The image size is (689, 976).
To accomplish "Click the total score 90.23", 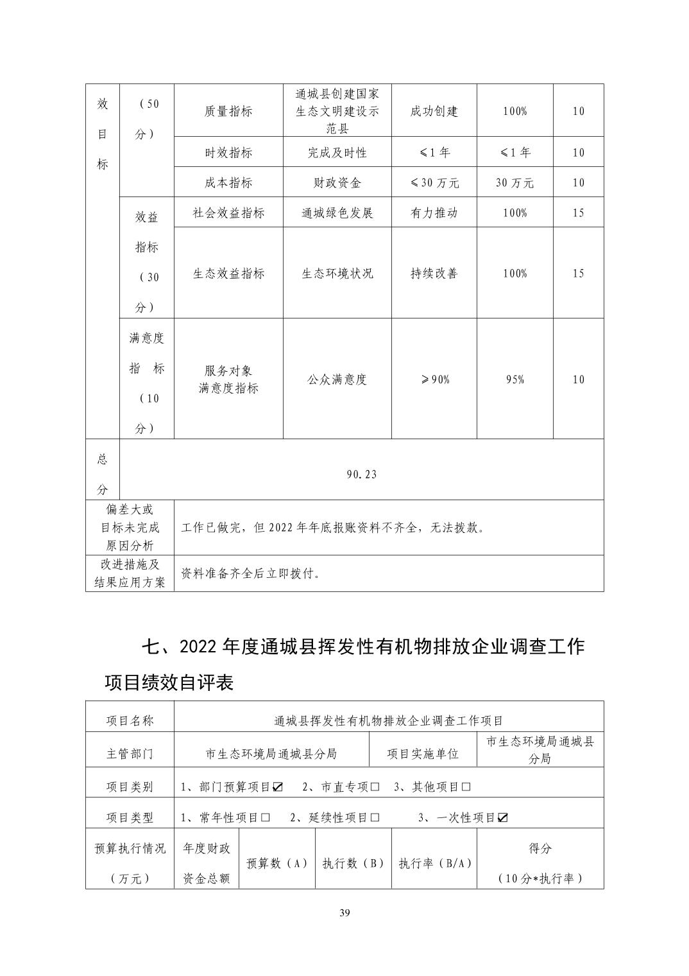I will [361, 475].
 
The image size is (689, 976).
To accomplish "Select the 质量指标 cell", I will [228, 111].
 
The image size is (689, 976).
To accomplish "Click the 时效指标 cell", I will [228, 152].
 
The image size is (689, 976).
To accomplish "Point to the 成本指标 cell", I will [228, 182].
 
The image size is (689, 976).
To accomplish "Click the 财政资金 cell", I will [337, 182].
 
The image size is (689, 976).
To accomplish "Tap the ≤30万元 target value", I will [434, 182].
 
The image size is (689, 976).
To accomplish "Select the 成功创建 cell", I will [434, 111].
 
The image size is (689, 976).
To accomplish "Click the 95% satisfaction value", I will [515, 379].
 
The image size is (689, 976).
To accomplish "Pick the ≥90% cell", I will [434, 379].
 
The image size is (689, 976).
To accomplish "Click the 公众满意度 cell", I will [337, 379].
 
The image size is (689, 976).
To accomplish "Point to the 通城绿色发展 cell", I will [337, 213].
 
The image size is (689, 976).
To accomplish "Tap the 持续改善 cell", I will [434, 273].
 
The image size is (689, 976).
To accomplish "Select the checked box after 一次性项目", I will [503, 818].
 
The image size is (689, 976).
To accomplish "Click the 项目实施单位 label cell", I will [423, 753].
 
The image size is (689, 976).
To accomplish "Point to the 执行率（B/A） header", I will [434, 863].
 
